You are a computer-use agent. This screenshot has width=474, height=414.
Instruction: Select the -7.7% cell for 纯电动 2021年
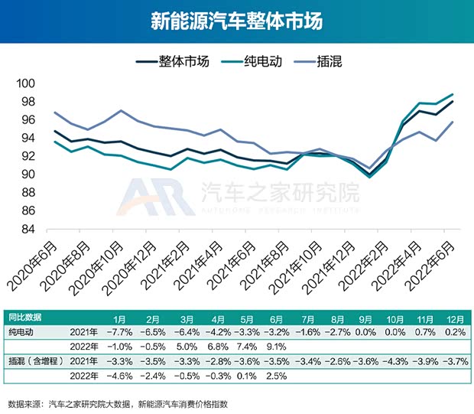(x=120, y=332)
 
